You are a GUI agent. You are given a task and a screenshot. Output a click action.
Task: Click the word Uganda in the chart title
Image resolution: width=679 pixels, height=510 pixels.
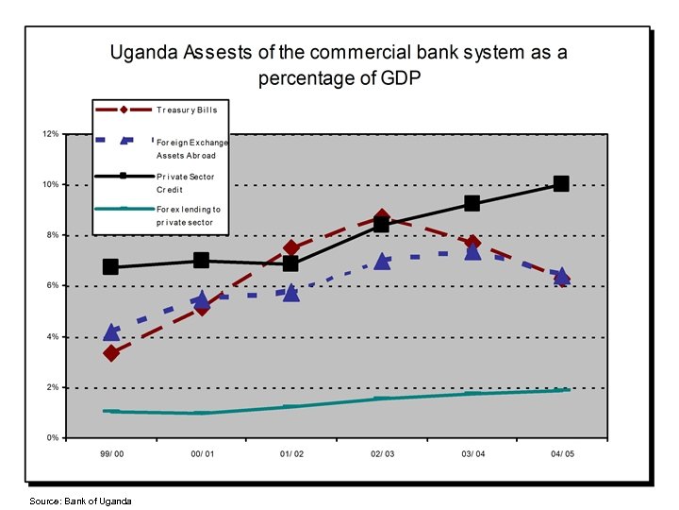[x=142, y=53]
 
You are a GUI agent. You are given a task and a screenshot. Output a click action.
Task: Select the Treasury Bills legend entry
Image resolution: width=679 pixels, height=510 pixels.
[x=187, y=110]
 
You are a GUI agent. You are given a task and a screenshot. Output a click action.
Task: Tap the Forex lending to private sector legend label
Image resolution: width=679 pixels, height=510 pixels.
[x=188, y=215]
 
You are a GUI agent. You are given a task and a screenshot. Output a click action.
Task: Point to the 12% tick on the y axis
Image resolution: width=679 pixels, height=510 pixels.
[x=51, y=134]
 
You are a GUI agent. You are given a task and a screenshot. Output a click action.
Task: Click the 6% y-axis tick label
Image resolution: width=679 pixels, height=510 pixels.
[x=53, y=285]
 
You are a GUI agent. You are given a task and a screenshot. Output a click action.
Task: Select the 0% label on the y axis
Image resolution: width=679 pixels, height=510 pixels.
[x=53, y=438]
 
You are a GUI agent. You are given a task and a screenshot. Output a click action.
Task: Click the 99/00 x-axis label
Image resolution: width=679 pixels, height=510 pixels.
[x=111, y=454]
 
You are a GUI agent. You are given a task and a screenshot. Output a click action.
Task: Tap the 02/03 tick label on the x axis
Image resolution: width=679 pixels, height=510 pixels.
[x=382, y=454]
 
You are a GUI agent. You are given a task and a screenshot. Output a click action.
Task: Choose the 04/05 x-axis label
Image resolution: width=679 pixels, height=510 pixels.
[x=562, y=454]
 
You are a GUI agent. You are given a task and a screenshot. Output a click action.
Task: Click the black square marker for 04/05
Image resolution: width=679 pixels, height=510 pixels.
[x=561, y=183]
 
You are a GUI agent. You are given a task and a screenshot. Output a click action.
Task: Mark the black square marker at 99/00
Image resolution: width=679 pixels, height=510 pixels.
[x=111, y=267]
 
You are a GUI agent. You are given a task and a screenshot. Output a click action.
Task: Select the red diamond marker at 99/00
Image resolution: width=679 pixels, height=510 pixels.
[x=111, y=353]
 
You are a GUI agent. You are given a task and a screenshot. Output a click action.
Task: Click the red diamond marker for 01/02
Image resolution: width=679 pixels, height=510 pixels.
[x=291, y=248]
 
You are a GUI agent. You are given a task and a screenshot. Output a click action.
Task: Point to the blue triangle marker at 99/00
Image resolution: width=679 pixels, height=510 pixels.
[x=111, y=332]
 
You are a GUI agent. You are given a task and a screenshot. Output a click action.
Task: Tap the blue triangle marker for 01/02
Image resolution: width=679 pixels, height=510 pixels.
[x=291, y=293]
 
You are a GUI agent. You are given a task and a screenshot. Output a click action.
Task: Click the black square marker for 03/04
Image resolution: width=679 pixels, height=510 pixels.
[x=472, y=203]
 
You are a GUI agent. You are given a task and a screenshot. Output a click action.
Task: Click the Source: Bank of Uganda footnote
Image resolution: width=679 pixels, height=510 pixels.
[x=80, y=501]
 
